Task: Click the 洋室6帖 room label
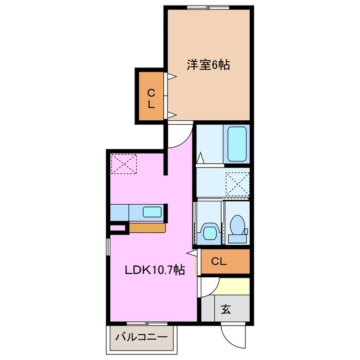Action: tap(208, 65)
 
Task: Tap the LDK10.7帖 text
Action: tap(154, 270)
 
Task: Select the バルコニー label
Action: tap(141, 337)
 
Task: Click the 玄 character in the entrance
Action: tap(226, 309)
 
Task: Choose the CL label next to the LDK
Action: tap(219, 261)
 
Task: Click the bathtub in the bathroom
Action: tap(237, 144)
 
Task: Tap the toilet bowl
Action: tap(237, 228)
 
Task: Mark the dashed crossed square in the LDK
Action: tap(124, 163)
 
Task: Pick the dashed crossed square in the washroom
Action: tap(237, 183)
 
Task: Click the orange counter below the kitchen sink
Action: tap(147, 228)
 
